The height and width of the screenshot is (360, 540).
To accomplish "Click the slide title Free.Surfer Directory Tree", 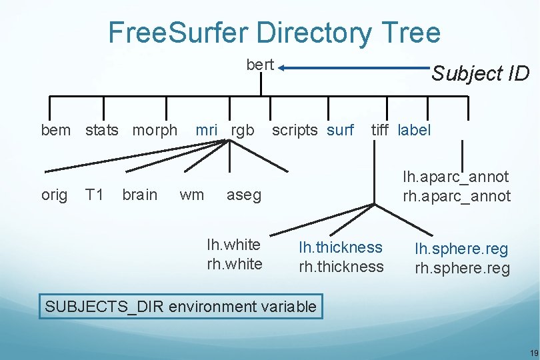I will pos(274,32).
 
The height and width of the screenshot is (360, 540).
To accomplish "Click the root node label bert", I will pos(260,65).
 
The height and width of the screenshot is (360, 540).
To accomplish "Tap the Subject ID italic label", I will pos(480,73).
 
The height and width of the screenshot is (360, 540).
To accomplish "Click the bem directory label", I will pos(55,130).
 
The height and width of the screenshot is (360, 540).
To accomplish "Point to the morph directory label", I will pos(155,130).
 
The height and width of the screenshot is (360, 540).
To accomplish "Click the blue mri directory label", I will pos(206,130).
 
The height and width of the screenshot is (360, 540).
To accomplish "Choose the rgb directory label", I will pos(242,130).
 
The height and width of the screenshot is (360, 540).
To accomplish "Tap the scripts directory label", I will pos(295,130).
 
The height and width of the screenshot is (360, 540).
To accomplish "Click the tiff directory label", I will pos(380,130).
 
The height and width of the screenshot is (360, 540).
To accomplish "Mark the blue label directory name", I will pos(414,130).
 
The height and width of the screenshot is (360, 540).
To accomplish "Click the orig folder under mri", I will pos(54,195).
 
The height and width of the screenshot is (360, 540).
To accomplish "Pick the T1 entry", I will pos(94,195).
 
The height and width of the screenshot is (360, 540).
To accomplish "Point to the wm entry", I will pos(192,195).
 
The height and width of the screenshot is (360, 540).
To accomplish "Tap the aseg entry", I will pos(244,195).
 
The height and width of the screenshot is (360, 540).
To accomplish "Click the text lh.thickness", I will pos(341,247).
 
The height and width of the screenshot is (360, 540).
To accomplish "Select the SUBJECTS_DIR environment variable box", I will pos(180,307).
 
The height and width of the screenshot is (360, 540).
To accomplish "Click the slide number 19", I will pos(533,353).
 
